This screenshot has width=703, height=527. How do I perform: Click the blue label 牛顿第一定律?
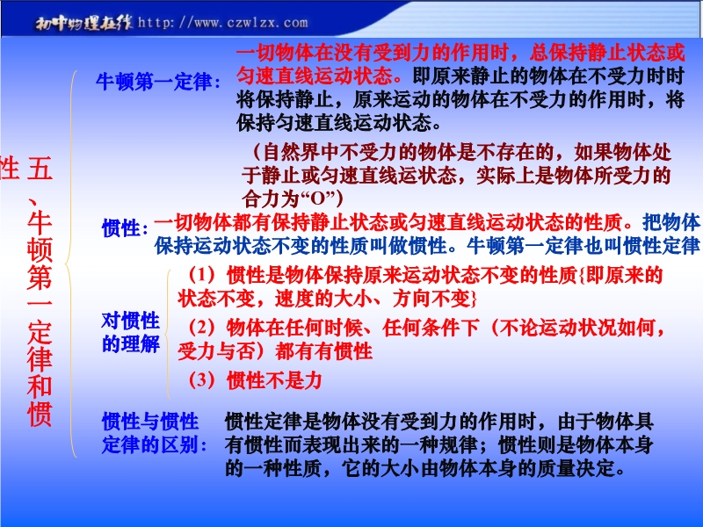point(158,82)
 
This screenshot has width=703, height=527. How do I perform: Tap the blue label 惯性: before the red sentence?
point(125,227)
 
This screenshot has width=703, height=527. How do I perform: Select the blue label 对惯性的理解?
point(130,332)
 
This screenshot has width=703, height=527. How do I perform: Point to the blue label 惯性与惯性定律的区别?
point(155,433)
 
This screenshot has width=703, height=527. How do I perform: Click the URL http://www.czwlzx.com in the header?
point(223,23)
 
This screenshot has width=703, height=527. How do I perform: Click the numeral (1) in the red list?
point(201,275)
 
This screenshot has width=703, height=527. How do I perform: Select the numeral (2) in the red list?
point(201,328)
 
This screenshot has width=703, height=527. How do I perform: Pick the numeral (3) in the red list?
point(201,380)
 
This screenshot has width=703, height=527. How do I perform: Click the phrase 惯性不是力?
point(274,381)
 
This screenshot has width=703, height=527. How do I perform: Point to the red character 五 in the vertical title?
point(40,168)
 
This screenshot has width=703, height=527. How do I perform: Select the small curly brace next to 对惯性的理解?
point(167,334)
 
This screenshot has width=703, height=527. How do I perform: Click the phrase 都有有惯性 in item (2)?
point(323,350)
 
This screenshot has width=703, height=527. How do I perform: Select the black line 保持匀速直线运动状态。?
point(339,122)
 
